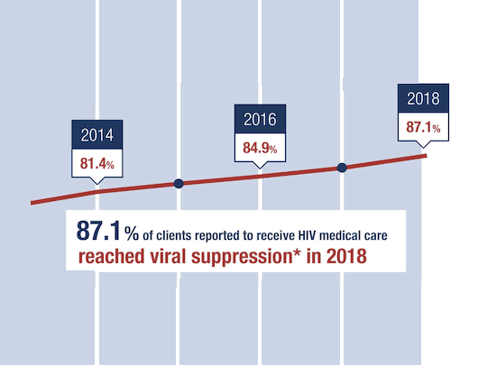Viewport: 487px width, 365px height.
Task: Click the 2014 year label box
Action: tap(96, 137)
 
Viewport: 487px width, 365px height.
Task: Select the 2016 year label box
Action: tap(260, 119)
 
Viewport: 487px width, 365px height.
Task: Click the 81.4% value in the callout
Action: tap(96, 164)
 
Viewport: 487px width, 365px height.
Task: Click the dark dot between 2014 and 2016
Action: tap(179, 183)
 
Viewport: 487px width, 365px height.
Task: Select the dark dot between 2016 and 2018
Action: tap(342, 168)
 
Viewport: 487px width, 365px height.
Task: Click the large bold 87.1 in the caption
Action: tap(99, 233)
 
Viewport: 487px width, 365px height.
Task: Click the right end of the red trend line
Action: tap(426, 156)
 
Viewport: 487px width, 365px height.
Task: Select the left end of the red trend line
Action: tap(32, 203)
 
